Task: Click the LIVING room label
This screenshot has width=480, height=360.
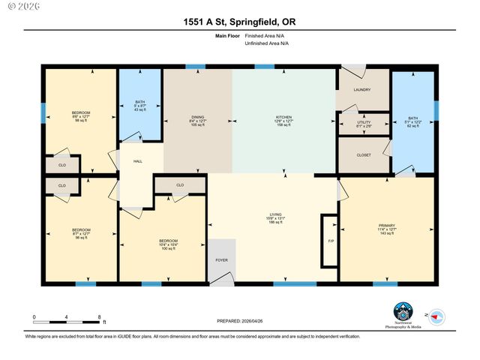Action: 275,217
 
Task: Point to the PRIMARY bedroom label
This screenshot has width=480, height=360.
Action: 386,228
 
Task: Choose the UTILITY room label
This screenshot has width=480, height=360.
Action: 363,124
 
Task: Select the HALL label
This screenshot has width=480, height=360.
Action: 138,161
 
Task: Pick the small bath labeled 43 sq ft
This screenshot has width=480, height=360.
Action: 140,106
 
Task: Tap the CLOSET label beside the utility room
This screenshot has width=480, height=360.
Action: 364,155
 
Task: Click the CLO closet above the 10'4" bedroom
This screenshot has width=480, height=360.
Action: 180,184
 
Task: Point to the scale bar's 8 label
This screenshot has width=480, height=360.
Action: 100,317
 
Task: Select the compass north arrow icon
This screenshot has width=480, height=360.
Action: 437,316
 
